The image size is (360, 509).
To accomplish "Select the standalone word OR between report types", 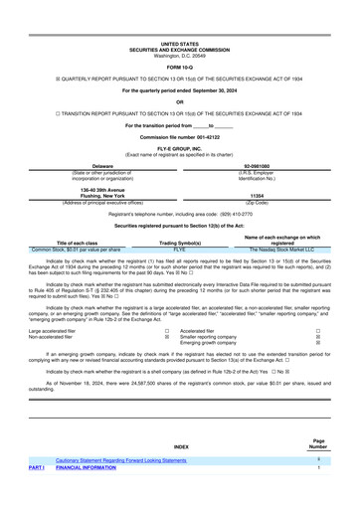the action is pyautogui.click(x=179, y=102).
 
